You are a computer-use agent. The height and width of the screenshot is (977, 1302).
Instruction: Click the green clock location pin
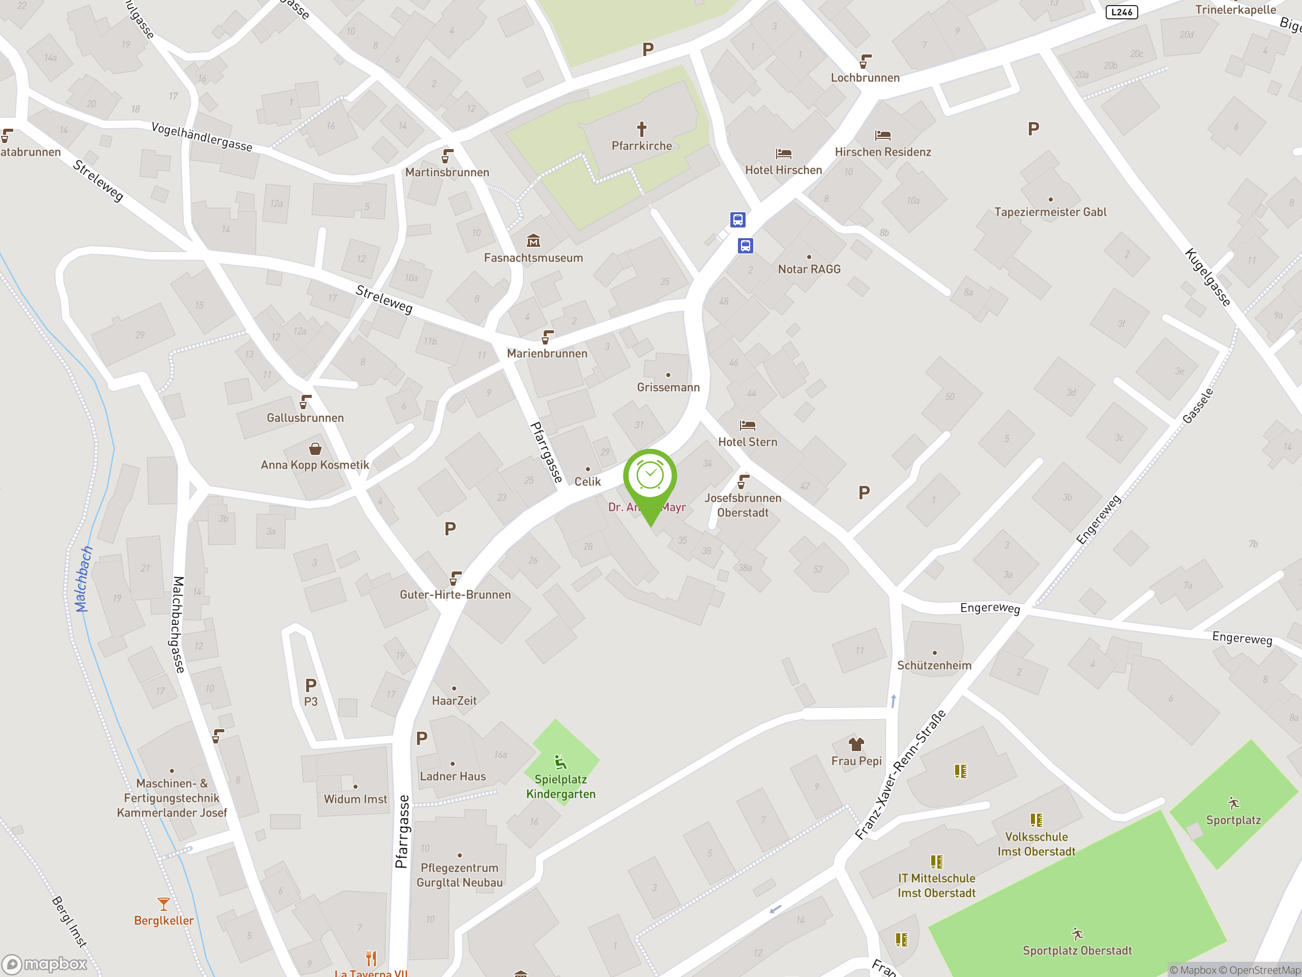pyautogui.click(x=650, y=477)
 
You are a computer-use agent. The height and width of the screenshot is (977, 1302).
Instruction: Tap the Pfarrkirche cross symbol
pyautogui.click(x=641, y=128)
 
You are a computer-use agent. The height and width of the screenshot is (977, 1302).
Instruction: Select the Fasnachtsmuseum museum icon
pyautogui.click(x=534, y=240)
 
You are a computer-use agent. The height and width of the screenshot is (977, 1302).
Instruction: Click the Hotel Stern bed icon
pyautogui.click(x=747, y=424)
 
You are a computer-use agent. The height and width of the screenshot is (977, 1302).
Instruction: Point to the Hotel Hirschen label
pyautogui.click(x=783, y=170)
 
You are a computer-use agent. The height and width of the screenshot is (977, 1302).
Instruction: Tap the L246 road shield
pyautogui.click(x=1121, y=12)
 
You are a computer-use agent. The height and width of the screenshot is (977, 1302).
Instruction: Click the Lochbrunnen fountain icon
pyautogui.click(x=865, y=61)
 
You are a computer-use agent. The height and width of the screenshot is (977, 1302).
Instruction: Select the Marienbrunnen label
pyautogui.click(x=547, y=353)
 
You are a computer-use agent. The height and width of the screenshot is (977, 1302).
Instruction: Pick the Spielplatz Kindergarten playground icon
pyautogui.click(x=560, y=763)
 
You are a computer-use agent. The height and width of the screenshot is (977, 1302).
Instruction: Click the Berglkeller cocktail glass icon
pyautogui.click(x=164, y=903)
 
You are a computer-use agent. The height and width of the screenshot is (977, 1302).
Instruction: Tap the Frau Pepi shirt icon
pyautogui.click(x=856, y=744)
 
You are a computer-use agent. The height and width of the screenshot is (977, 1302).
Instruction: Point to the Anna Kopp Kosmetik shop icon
pyautogui.click(x=315, y=449)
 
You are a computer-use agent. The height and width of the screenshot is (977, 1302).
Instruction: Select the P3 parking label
pyautogui.click(x=311, y=701)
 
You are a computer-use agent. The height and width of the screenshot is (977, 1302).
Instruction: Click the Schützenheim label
pyautogui.click(x=934, y=666)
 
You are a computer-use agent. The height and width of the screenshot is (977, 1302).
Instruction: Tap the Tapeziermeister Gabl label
pyautogui.click(x=1050, y=212)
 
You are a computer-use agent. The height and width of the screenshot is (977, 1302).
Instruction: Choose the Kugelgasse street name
pyautogui.click(x=1207, y=277)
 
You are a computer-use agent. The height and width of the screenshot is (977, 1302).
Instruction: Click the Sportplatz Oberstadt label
pyautogui.click(x=1077, y=951)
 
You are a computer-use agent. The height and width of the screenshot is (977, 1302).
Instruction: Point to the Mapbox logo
pyautogui.click(x=45, y=964)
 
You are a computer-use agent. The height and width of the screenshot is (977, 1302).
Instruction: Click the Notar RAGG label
pyautogui.click(x=809, y=269)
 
